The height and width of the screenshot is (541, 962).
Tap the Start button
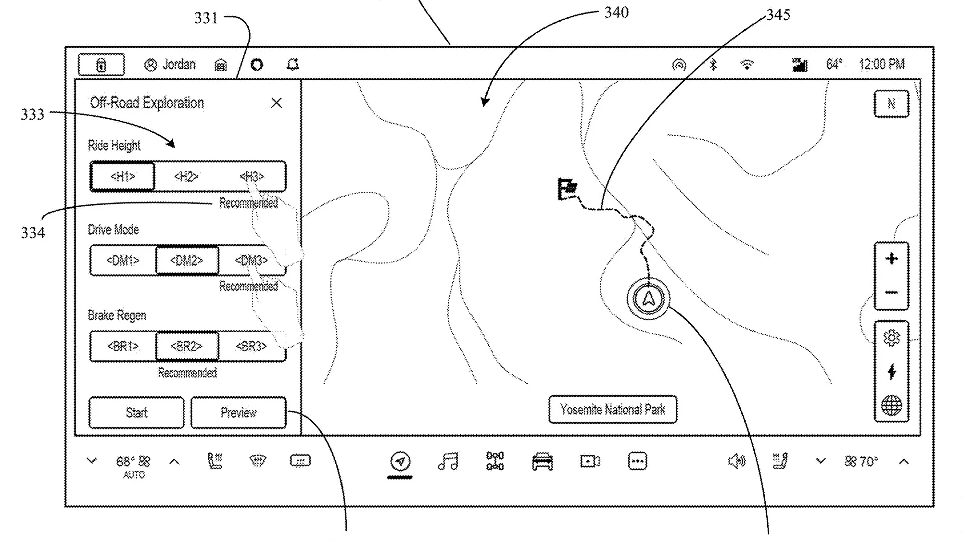pos(136,413)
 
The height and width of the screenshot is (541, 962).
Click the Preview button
pos(238,413)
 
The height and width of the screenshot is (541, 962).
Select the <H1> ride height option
pos(123,176)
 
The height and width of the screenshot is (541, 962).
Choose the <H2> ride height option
pos(186,176)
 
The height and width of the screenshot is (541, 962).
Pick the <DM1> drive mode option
pos(123,261)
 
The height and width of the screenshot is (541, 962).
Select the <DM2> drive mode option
pos(187,261)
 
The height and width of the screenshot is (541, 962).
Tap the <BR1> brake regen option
pos(123,346)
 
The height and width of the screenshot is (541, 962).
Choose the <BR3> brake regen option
pos(251,346)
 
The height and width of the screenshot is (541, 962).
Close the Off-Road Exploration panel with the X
pos(276,103)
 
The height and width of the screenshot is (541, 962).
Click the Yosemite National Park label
pos(612,410)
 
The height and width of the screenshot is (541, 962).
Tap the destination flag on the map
pos(567,188)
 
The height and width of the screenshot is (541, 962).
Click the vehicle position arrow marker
pos(648,299)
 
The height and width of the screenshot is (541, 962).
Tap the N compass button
pos(891,103)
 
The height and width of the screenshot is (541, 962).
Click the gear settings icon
pos(891,338)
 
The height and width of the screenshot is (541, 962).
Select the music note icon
pos(448,461)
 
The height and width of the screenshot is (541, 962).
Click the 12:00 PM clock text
pos(882,64)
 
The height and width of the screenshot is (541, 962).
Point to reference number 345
pos(778,15)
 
